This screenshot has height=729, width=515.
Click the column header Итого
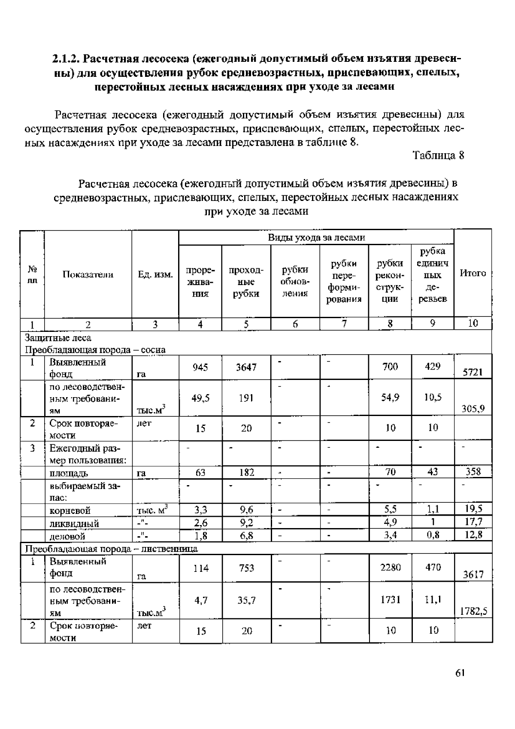473,273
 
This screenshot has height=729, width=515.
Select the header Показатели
88,275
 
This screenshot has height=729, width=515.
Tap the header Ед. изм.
155,275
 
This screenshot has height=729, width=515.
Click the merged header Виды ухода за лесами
316,237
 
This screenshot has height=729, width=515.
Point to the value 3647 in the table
246,367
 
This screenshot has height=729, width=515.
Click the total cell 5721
473,372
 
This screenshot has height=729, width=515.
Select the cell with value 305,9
473,409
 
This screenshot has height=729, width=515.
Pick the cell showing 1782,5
473,611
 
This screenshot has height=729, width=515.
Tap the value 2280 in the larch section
390,568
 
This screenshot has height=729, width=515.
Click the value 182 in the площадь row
246,472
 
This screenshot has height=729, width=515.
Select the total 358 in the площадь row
473,472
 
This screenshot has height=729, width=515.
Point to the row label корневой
70,510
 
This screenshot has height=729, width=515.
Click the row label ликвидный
74,523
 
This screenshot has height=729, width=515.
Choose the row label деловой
67,536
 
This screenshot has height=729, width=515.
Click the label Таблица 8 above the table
438,155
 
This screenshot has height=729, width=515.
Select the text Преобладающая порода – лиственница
111,549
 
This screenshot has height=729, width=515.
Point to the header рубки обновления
295,282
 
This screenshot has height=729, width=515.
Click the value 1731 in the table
390,600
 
